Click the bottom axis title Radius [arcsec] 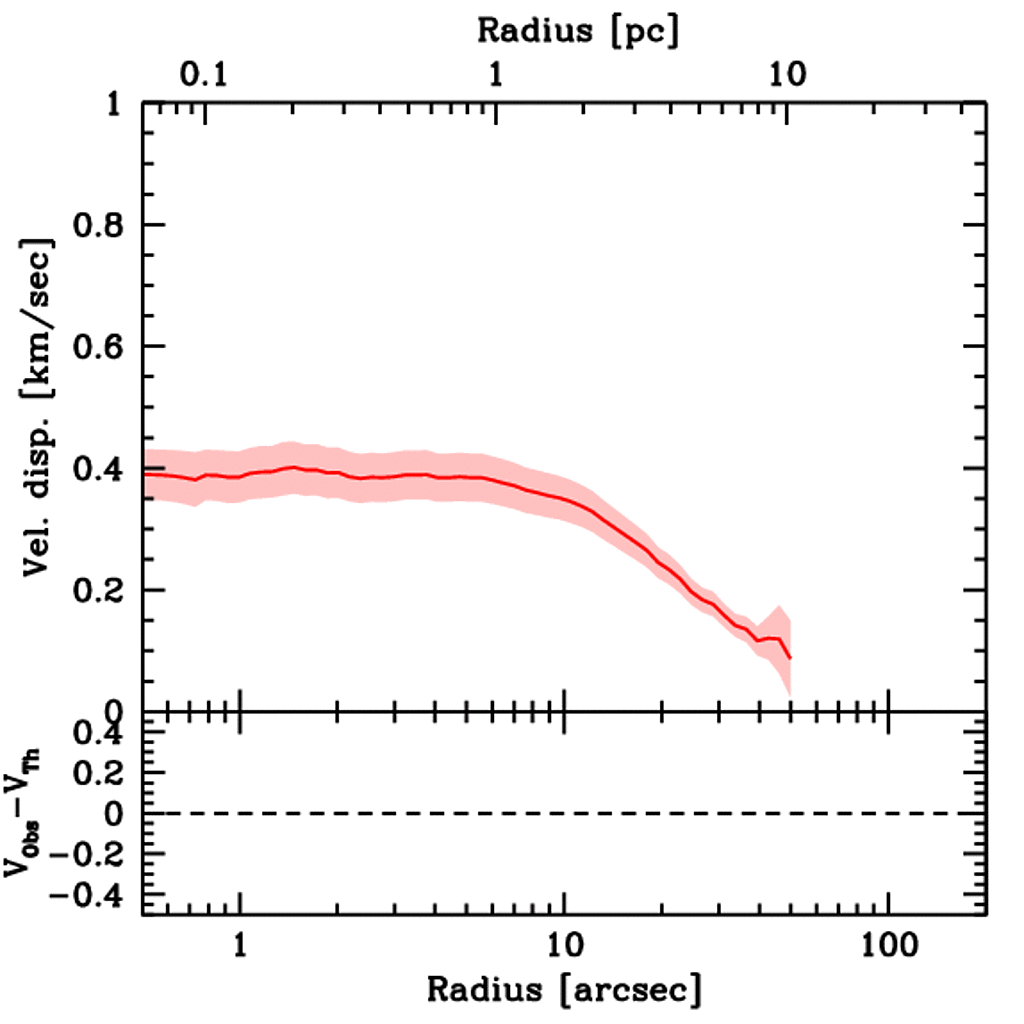coord(564,990)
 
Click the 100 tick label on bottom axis coord(886,944)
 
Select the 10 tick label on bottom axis coord(564,944)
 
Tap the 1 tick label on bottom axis coord(240,944)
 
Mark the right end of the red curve coord(790,658)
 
